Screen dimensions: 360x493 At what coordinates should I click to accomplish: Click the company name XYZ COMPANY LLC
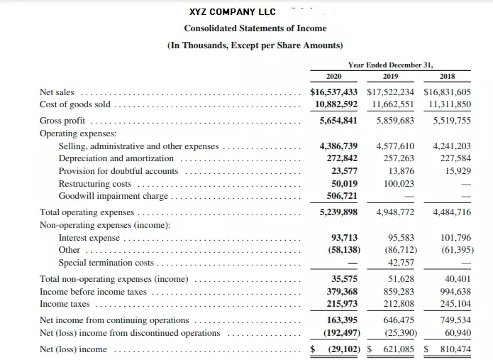tap(233, 12)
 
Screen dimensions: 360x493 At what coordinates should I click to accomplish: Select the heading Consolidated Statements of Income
tap(255, 28)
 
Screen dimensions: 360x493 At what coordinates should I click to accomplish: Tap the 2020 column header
tap(333, 77)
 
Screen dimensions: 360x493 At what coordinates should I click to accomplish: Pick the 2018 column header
tap(447, 77)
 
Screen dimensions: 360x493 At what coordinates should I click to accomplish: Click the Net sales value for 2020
tap(334, 92)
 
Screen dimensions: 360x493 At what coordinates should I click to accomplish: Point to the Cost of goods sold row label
tap(76, 104)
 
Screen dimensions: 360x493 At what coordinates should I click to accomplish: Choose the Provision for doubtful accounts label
tap(118, 171)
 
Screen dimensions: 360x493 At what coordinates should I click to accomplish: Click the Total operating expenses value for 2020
tap(338, 212)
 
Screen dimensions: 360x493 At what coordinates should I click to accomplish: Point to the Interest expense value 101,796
tap(455, 238)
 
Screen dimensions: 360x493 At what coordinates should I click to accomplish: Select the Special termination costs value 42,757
tap(401, 263)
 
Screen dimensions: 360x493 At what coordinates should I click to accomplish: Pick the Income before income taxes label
tap(93, 292)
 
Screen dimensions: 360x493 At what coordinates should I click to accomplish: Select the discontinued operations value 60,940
tap(458, 333)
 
